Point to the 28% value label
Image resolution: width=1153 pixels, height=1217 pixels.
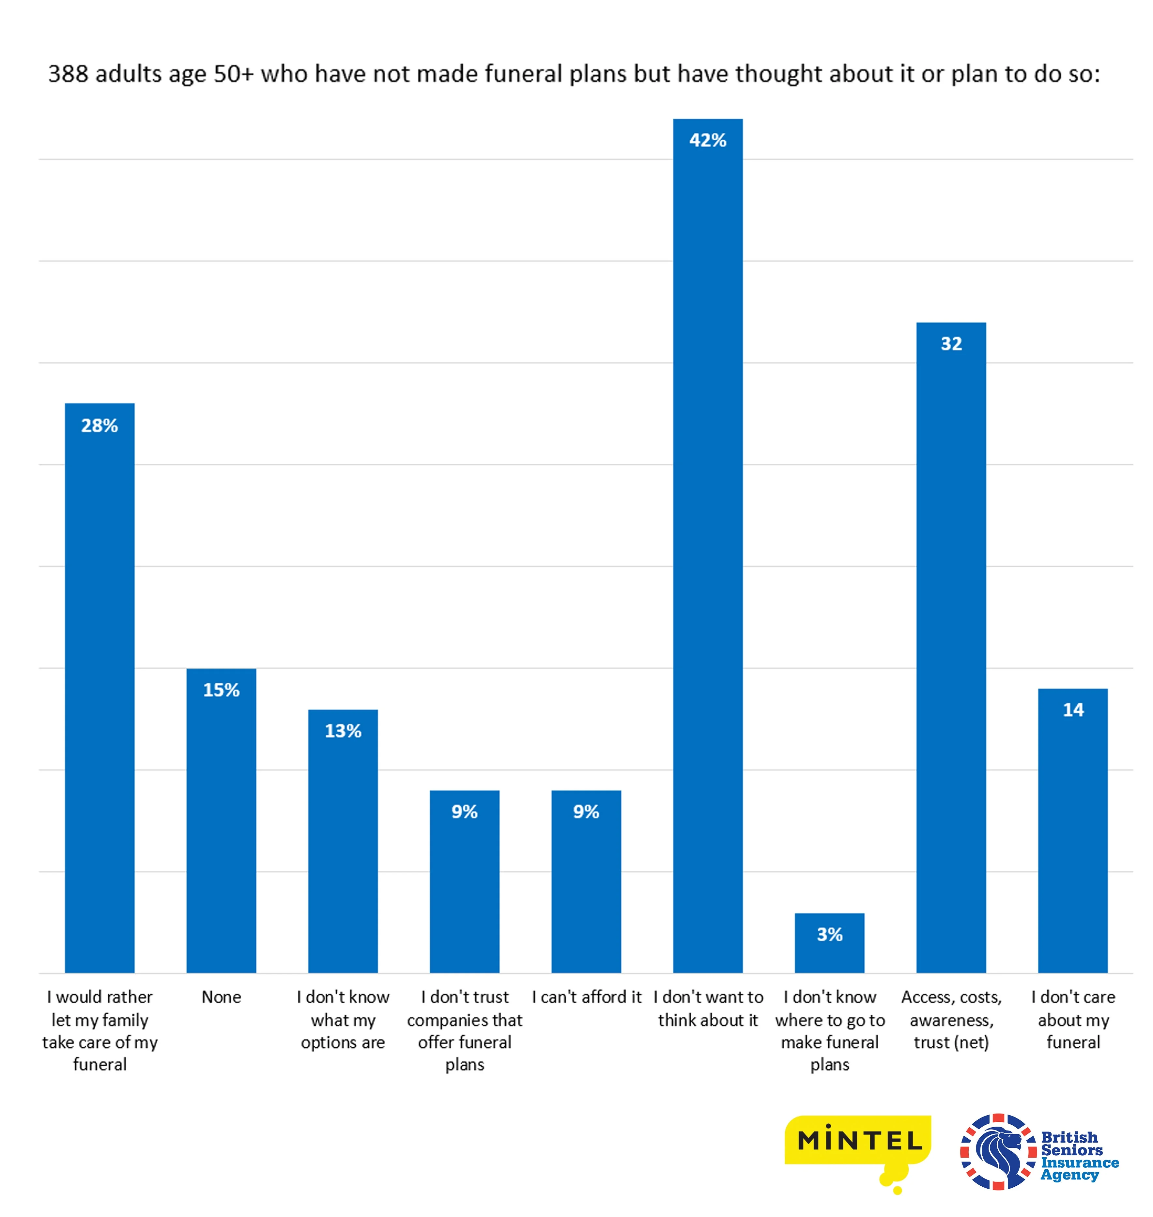(x=100, y=425)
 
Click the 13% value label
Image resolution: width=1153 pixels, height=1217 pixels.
(x=343, y=731)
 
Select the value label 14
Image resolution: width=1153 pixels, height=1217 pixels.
(x=1073, y=710)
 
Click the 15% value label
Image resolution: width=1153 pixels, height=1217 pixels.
(x=221, y=690)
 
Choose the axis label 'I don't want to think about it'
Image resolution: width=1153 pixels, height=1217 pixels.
(x=708, y=1008)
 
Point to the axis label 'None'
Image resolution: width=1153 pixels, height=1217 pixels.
(x=221, y=997)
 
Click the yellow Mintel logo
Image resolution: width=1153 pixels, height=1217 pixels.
(x=859, y=1141)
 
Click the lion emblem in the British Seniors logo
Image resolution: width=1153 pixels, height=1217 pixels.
(x=997, y=1151)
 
